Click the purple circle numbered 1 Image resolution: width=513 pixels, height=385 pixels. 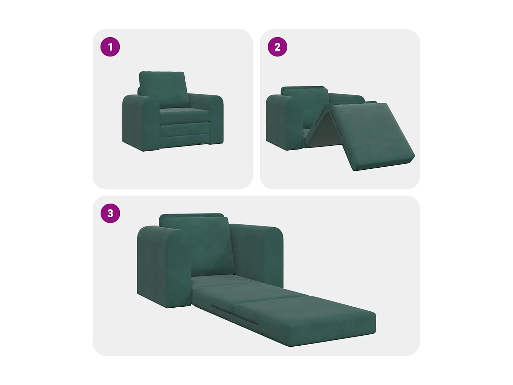[110, 47]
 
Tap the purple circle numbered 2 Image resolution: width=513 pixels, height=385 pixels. [277, 47]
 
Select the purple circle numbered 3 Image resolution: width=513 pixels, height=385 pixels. [110, 213]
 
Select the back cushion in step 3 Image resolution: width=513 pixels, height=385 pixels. [198, 245]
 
